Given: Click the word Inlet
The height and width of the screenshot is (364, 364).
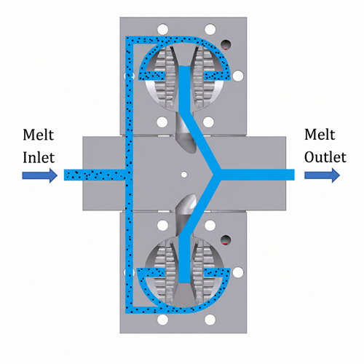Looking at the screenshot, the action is click(39, 157).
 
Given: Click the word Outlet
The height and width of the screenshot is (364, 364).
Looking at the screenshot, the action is click(325, 157).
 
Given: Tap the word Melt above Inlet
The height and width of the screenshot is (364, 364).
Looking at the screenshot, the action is click(39, 135).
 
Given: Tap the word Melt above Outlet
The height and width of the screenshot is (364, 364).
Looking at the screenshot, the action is click(320, 135).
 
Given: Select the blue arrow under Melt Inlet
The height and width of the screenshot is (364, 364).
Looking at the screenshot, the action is click(40, 175).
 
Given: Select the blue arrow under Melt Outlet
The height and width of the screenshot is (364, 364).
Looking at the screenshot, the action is click(322, 175).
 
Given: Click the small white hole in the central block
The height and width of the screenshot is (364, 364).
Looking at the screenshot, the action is click(184, 174).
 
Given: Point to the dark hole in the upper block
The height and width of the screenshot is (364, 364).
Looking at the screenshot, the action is click(226, 44).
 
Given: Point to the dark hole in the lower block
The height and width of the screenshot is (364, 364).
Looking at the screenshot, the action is click(226, 240).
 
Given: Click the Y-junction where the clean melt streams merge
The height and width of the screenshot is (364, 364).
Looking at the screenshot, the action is click(216, 175).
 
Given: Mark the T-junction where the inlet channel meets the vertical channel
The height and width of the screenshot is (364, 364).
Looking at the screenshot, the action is click(129, 175).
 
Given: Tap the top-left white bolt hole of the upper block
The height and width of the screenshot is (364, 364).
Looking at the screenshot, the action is click(163, 29).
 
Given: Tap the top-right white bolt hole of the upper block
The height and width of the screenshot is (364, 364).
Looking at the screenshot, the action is click(210, 29).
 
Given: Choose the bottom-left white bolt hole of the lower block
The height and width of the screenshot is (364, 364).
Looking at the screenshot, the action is click(163, 320).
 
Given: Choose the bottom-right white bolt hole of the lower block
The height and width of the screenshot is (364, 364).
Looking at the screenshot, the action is click(210, 320).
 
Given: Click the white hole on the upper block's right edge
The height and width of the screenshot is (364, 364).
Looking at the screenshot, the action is click(238, 76).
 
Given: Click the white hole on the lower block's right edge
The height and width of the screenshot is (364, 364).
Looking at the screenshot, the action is click(238, 272).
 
